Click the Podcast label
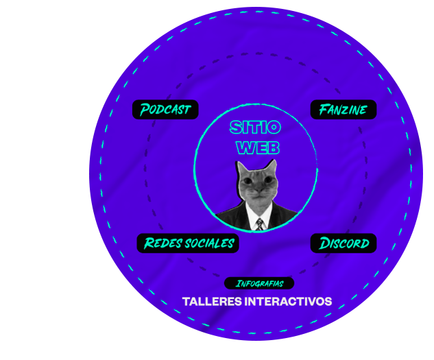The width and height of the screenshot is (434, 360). click(x=165, y=110)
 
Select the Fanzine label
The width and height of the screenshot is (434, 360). click(x=343, y=110)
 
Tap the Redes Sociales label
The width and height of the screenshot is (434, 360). click(x=188, y=243)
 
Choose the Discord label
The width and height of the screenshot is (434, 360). click(x=343, y=243)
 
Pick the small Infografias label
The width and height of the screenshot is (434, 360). click(x=259, y=283)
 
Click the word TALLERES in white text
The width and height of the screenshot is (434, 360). click(x=212, y=302)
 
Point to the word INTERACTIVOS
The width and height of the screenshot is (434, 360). click(x=288, y=302)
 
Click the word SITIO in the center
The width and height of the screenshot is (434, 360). click(x=255, y=128)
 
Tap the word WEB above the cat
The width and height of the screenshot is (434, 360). click(x=258, y=147)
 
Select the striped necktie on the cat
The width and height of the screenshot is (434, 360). click(x=260, y=224)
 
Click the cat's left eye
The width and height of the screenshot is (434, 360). click(x=248, y=182)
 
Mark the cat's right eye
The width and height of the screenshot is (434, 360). click(x=268, y=180)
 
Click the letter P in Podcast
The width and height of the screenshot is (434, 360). click(x=145, y=110)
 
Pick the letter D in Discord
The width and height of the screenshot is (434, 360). click(x=324, y=243)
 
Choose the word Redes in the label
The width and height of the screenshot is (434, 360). click(x=162, y=243)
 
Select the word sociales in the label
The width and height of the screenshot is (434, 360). click(x=210, y=243)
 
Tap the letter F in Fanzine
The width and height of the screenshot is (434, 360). click(x=324, y=110)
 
